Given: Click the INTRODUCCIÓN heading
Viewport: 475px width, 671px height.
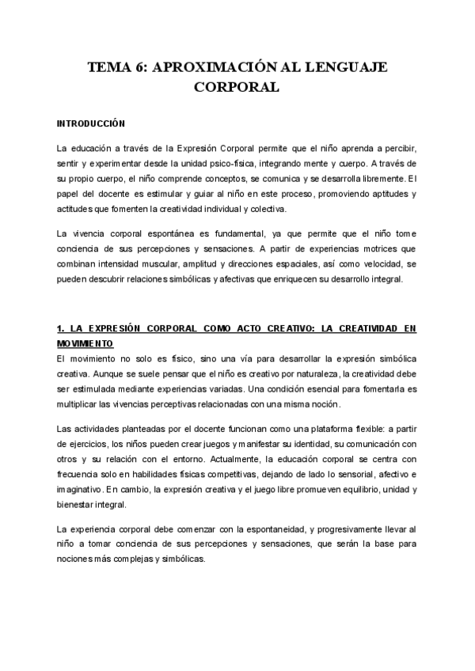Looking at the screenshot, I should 92,124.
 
